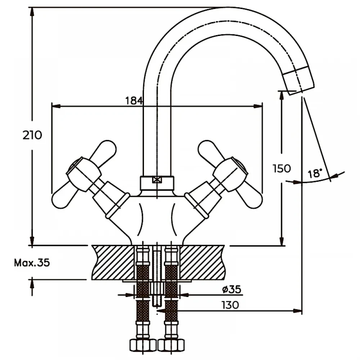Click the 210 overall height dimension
(x=32, y=135)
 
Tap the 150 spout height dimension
(x=281, y=168)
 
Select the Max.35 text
(x=32, y=263)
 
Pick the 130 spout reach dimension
(x=230, y=305)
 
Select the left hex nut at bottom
(x=143, y=346)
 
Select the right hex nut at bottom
(x=171, y=346)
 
